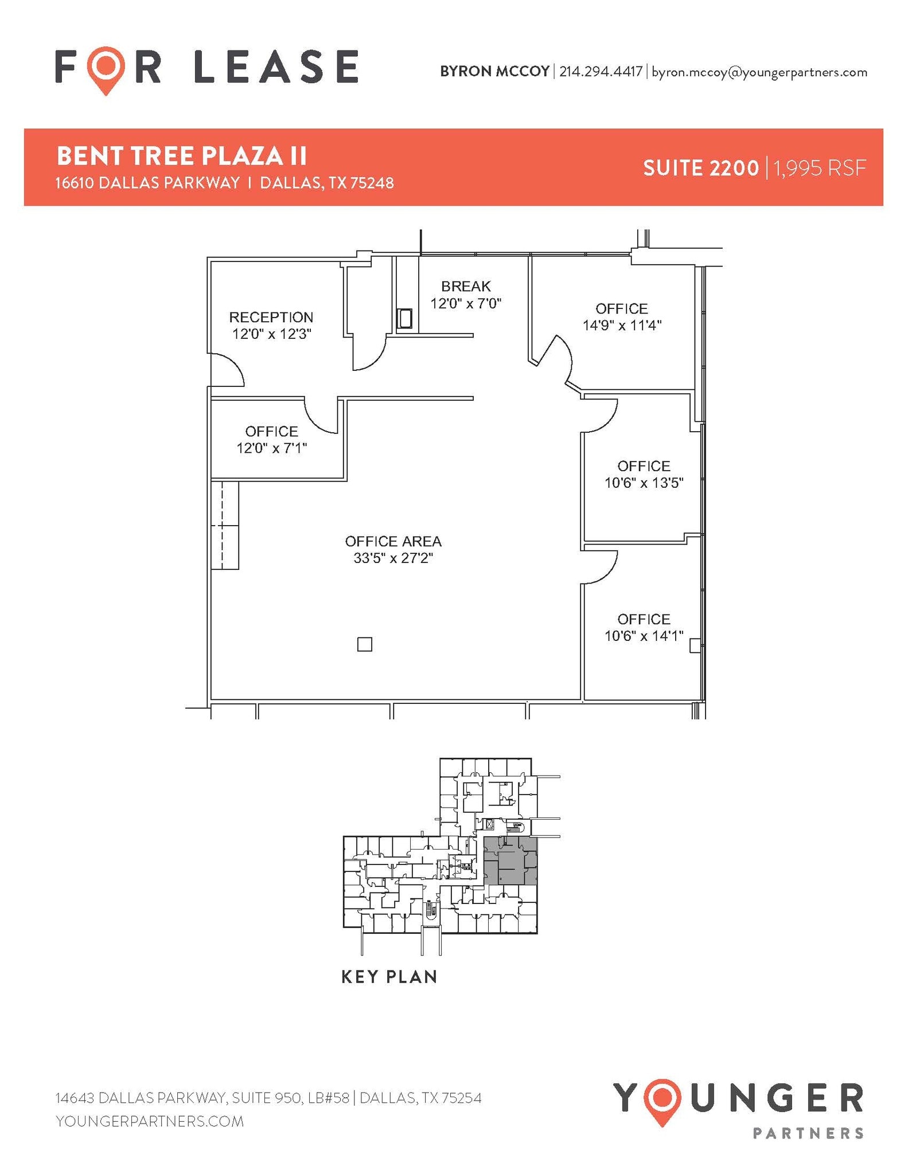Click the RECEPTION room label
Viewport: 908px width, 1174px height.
(x=271, y=317)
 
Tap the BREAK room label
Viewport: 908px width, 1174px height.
(x=466, y=286)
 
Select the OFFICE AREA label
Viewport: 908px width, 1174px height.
(x=393, y=541)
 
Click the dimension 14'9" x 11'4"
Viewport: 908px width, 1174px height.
(x=622, y=326)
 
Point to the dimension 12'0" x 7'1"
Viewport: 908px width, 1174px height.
(x=272, y=448)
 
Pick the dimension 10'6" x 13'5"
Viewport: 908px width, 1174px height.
(x=644, y=483)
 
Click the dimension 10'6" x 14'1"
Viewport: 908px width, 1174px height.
(x=644, y=636)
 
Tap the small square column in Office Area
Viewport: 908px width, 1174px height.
(x=364, y=644)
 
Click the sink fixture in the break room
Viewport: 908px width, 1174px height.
(x=405, y=319)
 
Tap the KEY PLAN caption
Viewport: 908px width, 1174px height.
(x=389, y=976)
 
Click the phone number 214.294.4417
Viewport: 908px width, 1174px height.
(x=601, y=72)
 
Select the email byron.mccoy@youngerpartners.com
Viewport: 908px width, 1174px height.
(x=759, y=72)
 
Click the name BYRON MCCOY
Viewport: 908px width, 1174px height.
(x=494, y=72)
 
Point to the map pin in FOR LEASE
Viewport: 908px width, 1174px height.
(x=106, y=69)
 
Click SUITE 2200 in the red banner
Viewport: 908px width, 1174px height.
(x=700, y=169)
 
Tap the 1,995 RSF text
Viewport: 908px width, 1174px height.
(x=820, y=169)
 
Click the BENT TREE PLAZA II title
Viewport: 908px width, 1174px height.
(x=182, y=156)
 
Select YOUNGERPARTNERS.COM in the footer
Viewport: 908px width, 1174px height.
(x=150, y=1121)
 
